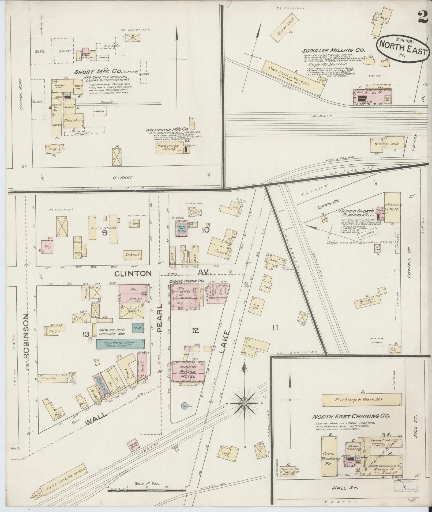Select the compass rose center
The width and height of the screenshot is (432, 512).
[244, 403]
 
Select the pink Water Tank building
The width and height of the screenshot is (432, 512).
[133, 445]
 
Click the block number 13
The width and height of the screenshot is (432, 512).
[86, 334]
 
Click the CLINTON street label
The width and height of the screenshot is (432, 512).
[133, 273]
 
